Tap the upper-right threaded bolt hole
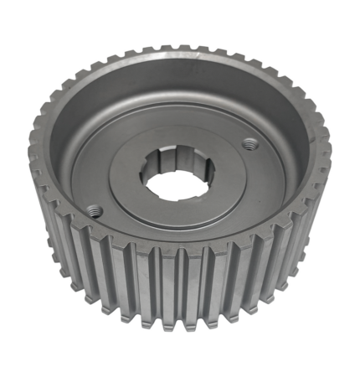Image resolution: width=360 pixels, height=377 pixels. click(x=249, y=144)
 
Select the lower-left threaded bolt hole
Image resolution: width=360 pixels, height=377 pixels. click(x=95, y=210)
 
